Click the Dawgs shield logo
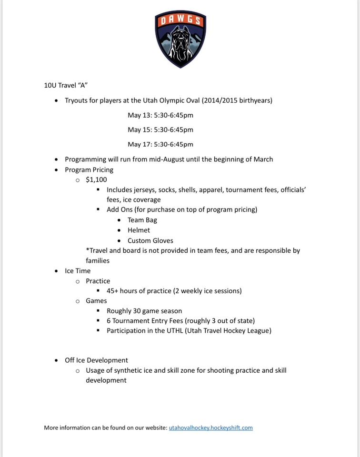coord(180,40)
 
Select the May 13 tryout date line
coord(160,115)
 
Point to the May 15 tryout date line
coord(160,129)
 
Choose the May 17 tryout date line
coord(160,144)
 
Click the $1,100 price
coord(96,179)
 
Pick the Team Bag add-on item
coord(142,220)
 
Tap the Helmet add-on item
coord(139,230)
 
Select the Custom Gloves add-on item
coord(150,240)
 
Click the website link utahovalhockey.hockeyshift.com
coord(210,427)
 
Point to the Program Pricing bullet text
coord(89,169)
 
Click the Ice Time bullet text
coord(78,271)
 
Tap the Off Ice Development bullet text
coord(96,360)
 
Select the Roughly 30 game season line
coord(144,311)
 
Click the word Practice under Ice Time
coord(98,281)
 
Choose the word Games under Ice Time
coord(96,301)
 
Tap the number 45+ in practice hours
coord(113,291)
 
